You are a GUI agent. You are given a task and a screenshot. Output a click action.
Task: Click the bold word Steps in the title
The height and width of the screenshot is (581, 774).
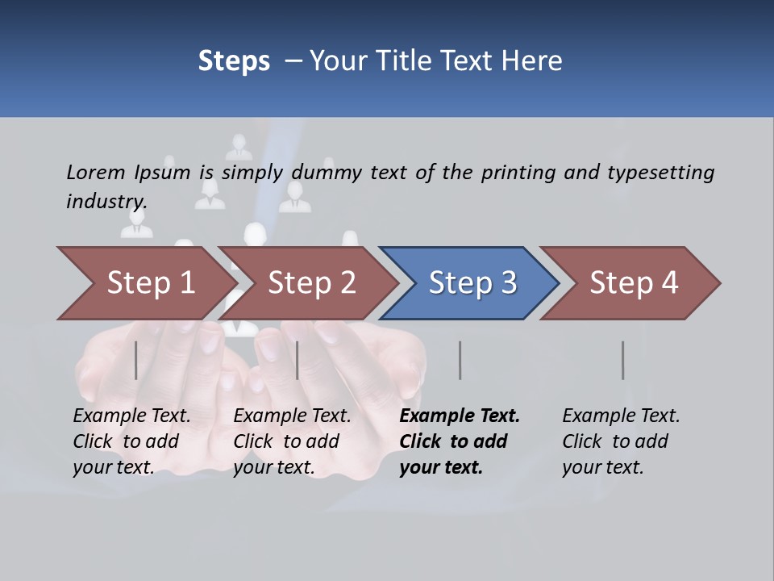[234, 61]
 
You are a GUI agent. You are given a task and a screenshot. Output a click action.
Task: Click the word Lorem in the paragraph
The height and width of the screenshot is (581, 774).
[95, 172]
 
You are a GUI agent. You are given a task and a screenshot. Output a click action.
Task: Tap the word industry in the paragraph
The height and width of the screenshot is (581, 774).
[106, 201]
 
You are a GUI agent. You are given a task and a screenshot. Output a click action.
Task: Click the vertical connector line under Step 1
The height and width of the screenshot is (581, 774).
[136, 360]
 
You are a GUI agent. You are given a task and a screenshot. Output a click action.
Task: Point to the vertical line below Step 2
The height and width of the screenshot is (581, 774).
[298, 360]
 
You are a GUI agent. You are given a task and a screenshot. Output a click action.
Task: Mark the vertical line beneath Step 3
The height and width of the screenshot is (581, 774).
[460, 360]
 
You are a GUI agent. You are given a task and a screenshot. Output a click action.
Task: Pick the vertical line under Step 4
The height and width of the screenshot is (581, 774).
[623, 360]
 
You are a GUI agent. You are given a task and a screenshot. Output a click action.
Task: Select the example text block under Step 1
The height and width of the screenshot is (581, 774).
[131, 441]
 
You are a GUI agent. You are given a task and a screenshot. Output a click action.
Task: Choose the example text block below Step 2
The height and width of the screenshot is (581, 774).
[292, 441]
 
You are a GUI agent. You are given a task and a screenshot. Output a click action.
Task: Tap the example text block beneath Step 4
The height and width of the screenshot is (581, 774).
[621, 441]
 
